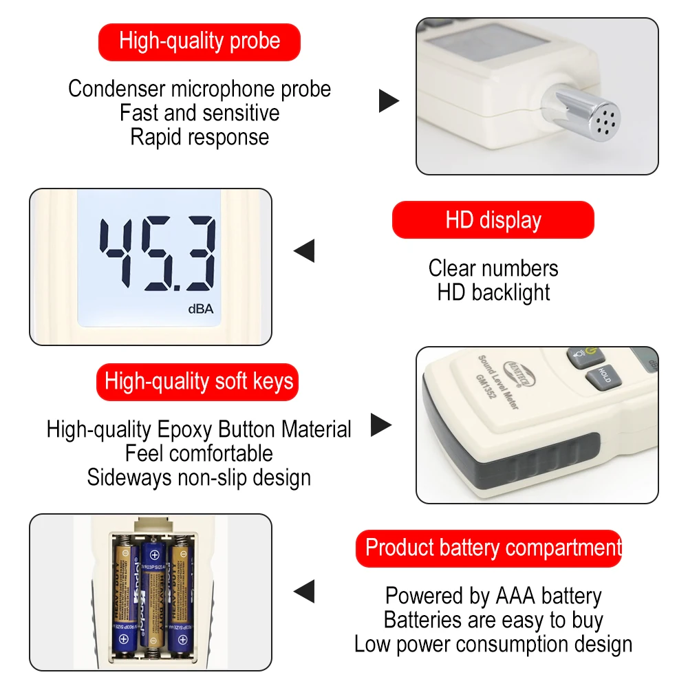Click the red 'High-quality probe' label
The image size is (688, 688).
point(200,41)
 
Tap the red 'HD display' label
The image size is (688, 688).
point(493,220)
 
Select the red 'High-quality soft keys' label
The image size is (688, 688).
point(199,382)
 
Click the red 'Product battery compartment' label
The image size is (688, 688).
point(493,548)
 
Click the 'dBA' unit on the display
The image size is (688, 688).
point(201,309)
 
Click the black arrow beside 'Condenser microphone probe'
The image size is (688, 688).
point(389,101)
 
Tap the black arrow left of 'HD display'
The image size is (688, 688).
point(305,250)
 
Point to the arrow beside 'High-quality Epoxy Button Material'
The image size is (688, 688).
point(380,425)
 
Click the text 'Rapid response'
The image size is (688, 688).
point(200,137)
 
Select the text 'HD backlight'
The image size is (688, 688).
point(493,292)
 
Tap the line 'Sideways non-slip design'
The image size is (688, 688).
point(199,477)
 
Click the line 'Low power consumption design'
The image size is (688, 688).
point(493,645)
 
